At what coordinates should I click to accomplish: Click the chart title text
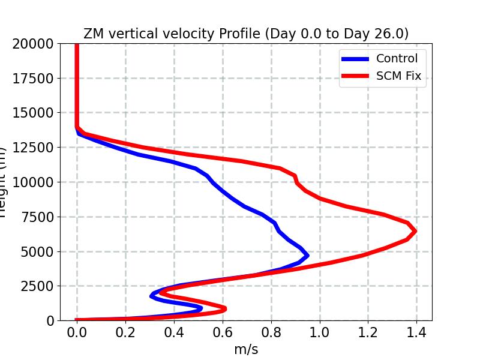246,34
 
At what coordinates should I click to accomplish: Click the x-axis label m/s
246,349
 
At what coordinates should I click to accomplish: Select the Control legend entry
397,58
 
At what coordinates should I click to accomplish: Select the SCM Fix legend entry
398,76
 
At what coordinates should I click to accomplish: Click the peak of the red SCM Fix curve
414,231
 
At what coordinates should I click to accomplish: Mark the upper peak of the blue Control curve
307,255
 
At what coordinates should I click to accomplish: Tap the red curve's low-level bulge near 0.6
224,308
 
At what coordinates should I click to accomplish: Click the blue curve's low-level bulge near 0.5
200,308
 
